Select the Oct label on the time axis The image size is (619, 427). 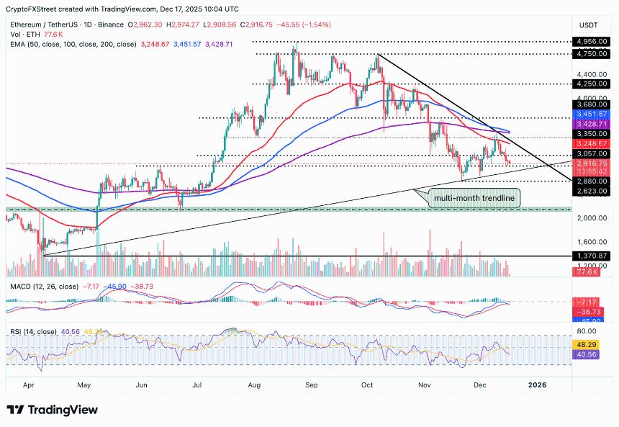[367, 385]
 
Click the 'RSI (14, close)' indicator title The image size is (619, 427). [32, 331]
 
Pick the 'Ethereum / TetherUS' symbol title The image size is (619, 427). [43, 24]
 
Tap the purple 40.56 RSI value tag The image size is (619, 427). [592, 354]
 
